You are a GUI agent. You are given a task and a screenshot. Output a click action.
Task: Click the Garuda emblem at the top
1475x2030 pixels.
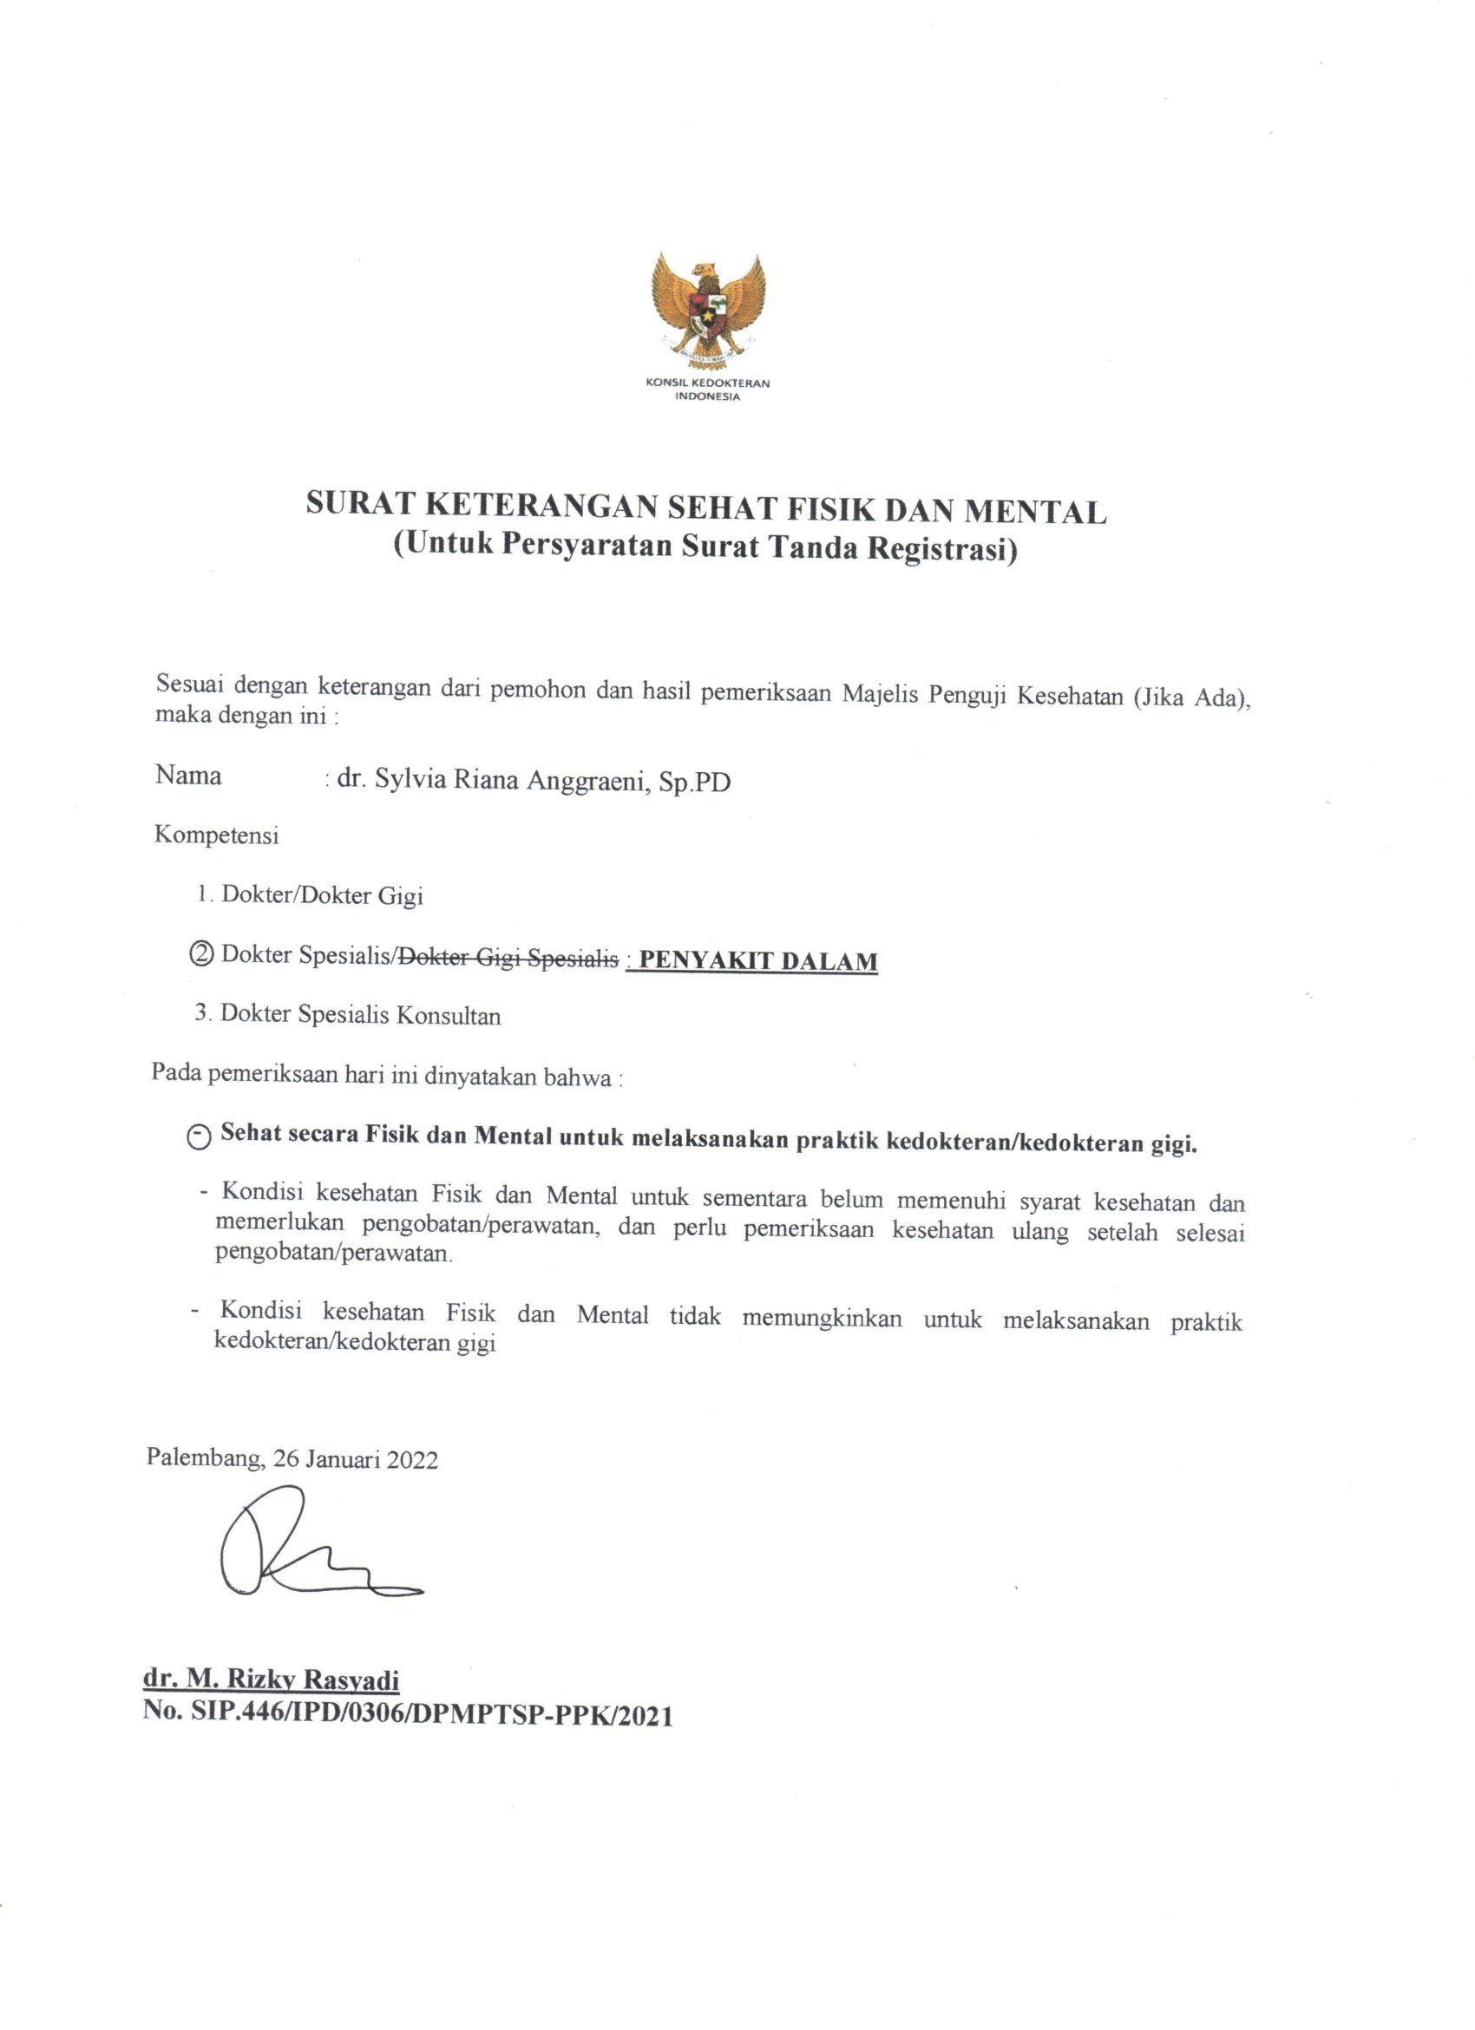[x=709, y=308]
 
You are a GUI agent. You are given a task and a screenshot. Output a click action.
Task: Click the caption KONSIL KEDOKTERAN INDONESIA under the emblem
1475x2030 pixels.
[x=708, y=390]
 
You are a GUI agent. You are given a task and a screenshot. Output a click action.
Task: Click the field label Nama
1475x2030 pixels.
[x=188, y=775]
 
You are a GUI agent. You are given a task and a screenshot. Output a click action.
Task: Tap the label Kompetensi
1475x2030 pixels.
[x=217, y=835]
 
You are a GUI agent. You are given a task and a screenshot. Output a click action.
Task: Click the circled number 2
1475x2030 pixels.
[x=202, y=954]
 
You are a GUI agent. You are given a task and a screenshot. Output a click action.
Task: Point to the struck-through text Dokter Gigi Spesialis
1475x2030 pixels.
[x=508, y=958]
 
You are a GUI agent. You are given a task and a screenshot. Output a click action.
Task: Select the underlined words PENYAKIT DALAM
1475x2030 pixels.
[x=758, y=960]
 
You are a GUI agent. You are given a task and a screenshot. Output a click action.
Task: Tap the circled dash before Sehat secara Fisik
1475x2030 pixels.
[x=200, y=1137]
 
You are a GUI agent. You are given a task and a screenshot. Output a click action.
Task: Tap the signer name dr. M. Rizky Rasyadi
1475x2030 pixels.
[x=271, y=1680]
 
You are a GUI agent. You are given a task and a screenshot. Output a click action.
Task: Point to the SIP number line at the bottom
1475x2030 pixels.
[x=407, y=1714]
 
